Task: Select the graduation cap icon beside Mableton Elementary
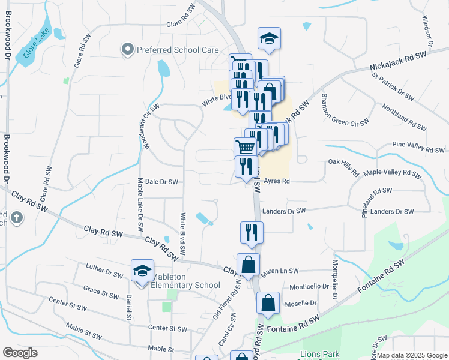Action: [142, 271]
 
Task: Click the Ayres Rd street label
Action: [277, 181]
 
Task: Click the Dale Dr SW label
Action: [161, 181]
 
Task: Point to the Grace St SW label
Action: [101, 294]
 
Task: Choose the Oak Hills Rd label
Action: [343, 167]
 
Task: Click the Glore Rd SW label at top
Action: [185, 25]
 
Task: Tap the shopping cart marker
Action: [245, 148]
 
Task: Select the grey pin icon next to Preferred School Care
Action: [127, 50]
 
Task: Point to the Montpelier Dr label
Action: [334, 277]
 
